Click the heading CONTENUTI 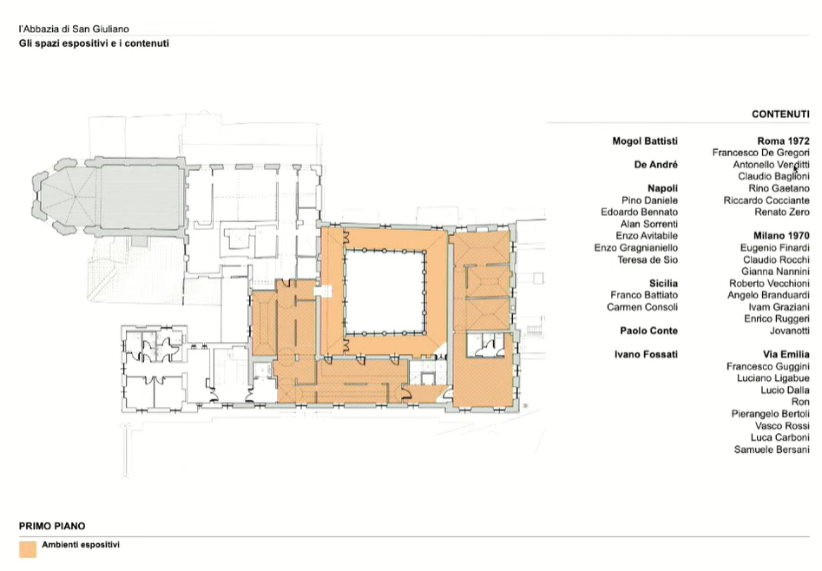pos(780,115)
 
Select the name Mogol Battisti pos(645,141)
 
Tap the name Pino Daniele pos(649,200)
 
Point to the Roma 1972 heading pos(783,141)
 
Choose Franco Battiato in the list pos(644,295)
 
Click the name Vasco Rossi pos(782,426)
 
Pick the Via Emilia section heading pos(786,354)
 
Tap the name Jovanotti pos(790,331)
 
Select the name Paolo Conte pos(648,331)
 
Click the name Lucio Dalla pos(785,391)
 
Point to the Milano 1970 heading pos(781,236)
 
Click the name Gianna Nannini pos(775,272)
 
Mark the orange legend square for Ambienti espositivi pos(28,549)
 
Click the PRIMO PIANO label pos(52,527)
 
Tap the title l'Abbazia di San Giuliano pos(74,30)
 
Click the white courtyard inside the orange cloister pos(385,292)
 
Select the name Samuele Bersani pos(772,450)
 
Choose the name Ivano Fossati pos(646,354)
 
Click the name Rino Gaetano pos(779,188)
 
